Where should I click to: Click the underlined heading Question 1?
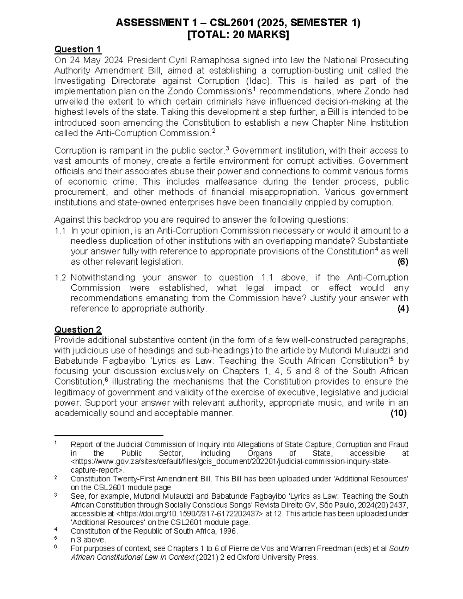78,49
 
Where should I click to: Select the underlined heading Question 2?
78,330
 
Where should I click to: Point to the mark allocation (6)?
403,262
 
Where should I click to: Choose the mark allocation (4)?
403,309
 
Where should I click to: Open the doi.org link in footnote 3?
189,514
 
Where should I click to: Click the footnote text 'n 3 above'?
88,540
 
